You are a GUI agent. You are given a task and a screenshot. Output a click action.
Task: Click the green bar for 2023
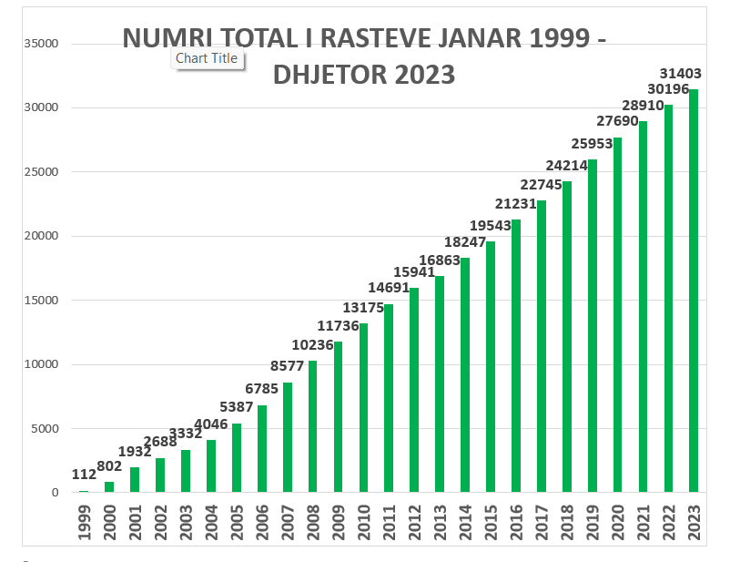tap(694, 291)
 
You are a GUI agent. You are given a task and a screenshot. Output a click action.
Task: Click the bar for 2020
tap(618, 314)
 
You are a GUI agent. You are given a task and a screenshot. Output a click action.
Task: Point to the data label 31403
tap(681, 73)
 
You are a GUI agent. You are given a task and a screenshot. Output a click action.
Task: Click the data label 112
tap(84, 474)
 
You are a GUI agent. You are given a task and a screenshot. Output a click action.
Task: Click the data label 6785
tap(261, 389)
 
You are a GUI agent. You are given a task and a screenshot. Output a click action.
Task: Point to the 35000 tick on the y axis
tap(41, 44)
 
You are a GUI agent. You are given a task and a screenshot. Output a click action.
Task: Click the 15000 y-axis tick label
tap(41, 301)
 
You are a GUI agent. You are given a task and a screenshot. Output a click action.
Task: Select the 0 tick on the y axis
tap(55, 493)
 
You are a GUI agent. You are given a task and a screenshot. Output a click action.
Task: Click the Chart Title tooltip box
tap(207, 58)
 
